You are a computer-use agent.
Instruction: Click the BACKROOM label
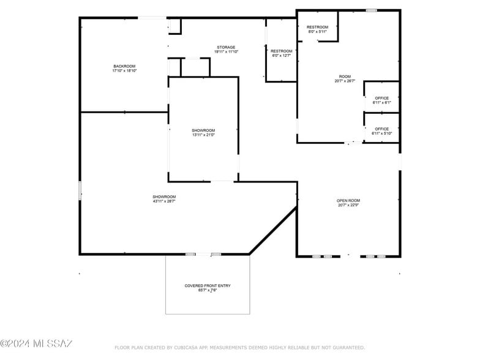coord(124,66)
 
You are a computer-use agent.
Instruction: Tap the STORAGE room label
coord(226,47)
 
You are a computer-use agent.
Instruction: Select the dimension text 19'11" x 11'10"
coord(226,52)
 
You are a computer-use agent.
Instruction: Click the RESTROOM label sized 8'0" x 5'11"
coord(317,27)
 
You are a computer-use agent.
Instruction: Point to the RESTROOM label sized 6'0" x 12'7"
coord(281,51)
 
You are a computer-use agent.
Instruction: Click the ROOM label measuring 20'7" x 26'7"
coord(345,77)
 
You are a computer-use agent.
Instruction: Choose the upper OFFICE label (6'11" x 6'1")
coord(381,98)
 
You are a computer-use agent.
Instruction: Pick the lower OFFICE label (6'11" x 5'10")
coord(381,129)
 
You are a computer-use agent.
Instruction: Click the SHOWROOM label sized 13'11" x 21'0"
coord(203,130)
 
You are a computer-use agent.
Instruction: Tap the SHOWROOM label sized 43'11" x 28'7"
coord(164,197)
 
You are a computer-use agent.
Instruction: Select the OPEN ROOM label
coord(348,200)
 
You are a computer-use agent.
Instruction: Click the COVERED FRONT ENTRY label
coord(208,286)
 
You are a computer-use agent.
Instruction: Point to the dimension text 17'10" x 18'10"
coord(124,71)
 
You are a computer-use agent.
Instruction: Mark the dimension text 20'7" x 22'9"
coord(348,205)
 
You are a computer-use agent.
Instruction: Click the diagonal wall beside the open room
coord(273,230)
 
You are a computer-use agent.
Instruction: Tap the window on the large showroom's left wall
coord(80,190)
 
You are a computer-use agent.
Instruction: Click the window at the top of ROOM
coord(371,10)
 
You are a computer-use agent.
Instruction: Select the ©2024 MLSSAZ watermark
coord(37,343)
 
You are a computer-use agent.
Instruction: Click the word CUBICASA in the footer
coord(186,348)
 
